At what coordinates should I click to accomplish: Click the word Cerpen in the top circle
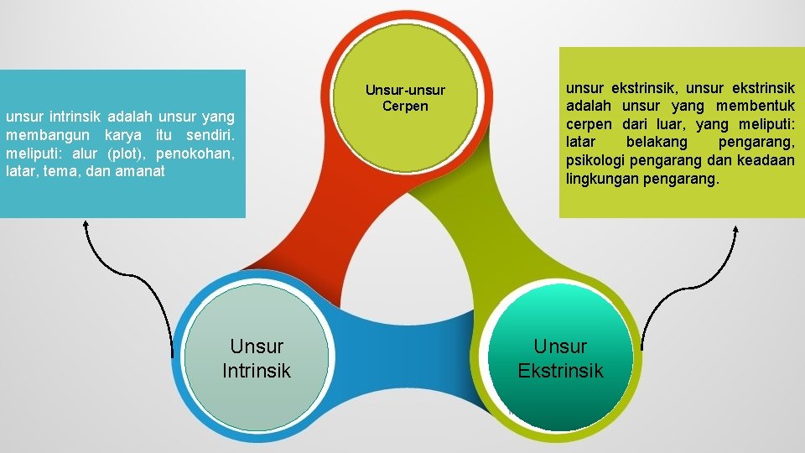point(405,106)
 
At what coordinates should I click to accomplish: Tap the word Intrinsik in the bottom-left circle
point(257,370)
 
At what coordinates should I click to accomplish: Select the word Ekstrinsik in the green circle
point(560,370)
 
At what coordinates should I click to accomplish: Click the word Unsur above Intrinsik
point(257,346)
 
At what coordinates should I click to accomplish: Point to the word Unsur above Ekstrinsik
point(560,346)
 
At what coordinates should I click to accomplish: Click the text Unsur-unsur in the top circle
point(405,90)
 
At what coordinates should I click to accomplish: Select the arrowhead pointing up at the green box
point(736,230)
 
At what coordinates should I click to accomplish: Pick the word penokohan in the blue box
point(199,153)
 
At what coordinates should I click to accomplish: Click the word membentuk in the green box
point(756,106)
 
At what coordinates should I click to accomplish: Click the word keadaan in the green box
point(767,160)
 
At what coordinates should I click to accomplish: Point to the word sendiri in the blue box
point(211,135)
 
